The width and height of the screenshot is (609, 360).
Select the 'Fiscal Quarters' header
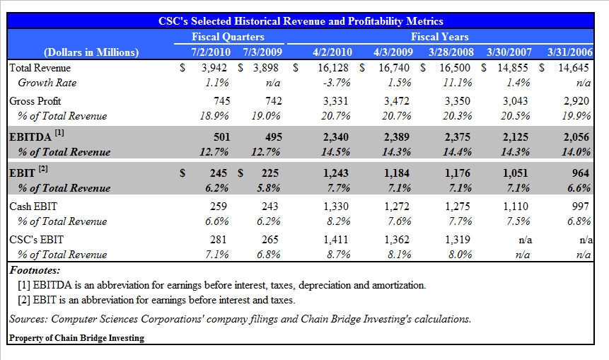click(x=228, y=36)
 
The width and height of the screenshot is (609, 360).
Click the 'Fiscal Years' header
click(x=439, y=36)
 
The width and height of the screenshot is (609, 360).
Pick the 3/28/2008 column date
click(x=451, y=52)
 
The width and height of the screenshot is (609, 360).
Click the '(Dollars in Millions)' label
click(x=91, y=52)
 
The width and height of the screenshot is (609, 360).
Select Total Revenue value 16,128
click(x=335, y=68)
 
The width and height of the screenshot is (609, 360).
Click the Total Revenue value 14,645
click(x=574, y=68)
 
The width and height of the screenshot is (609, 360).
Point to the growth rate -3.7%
click(x=338, y=83)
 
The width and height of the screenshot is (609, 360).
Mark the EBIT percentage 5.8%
click(x=267, y=188)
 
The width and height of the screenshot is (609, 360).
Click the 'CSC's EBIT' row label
click(x=33, y=240)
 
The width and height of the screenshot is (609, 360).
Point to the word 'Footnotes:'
click(x=35, y=270)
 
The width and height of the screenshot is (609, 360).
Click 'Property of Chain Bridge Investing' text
click(x=76, y=338)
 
